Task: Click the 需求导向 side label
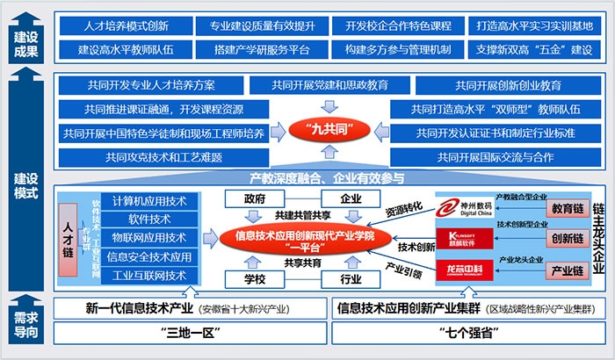pos(25,323)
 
